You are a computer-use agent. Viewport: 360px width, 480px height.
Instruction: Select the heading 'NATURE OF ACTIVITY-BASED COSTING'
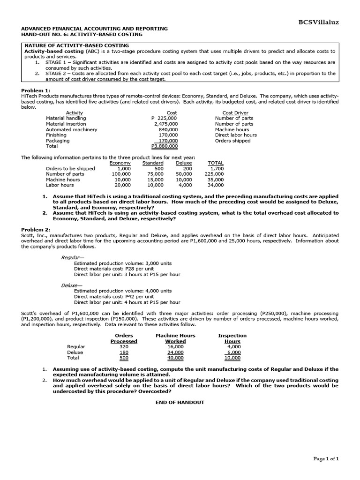click(x=76, y=45)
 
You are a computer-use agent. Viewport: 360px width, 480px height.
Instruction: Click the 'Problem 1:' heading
click(x=35, y=90)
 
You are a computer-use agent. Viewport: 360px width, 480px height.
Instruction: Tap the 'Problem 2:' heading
click(x=35, y=230)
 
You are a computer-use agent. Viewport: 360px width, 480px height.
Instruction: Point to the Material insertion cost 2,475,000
click(x=165, y=124)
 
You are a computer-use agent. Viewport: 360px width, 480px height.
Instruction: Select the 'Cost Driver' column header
click(x=235, y=113)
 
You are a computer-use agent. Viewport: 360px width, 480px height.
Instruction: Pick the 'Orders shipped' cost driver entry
click(x=232, y=141)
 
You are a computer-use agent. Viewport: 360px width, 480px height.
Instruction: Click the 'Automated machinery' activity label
click(x=71, y=129)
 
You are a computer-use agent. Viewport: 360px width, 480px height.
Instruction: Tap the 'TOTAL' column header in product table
click(x=216, y=163)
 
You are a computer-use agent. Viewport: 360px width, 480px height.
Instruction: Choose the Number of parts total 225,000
click(x=215, y=174)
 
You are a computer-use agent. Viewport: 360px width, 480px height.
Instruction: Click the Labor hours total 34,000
click(x=216, y=185)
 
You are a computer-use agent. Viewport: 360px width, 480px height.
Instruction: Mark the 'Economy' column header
click(x=120, y=163)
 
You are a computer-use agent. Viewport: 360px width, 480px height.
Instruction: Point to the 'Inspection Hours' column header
click(x=232, y=338)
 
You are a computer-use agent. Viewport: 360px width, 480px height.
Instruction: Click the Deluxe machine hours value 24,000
click(x=175, y=352)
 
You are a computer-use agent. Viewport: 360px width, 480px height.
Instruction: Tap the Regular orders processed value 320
click(x=124, y=347)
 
